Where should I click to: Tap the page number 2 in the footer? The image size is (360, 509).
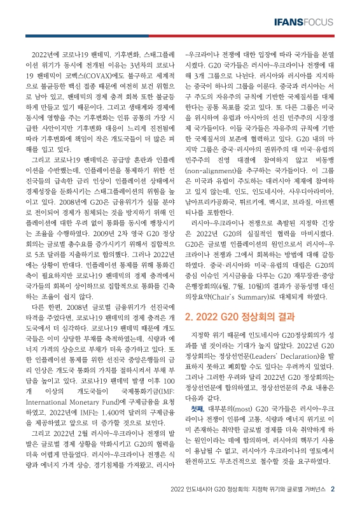coord(341,490)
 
